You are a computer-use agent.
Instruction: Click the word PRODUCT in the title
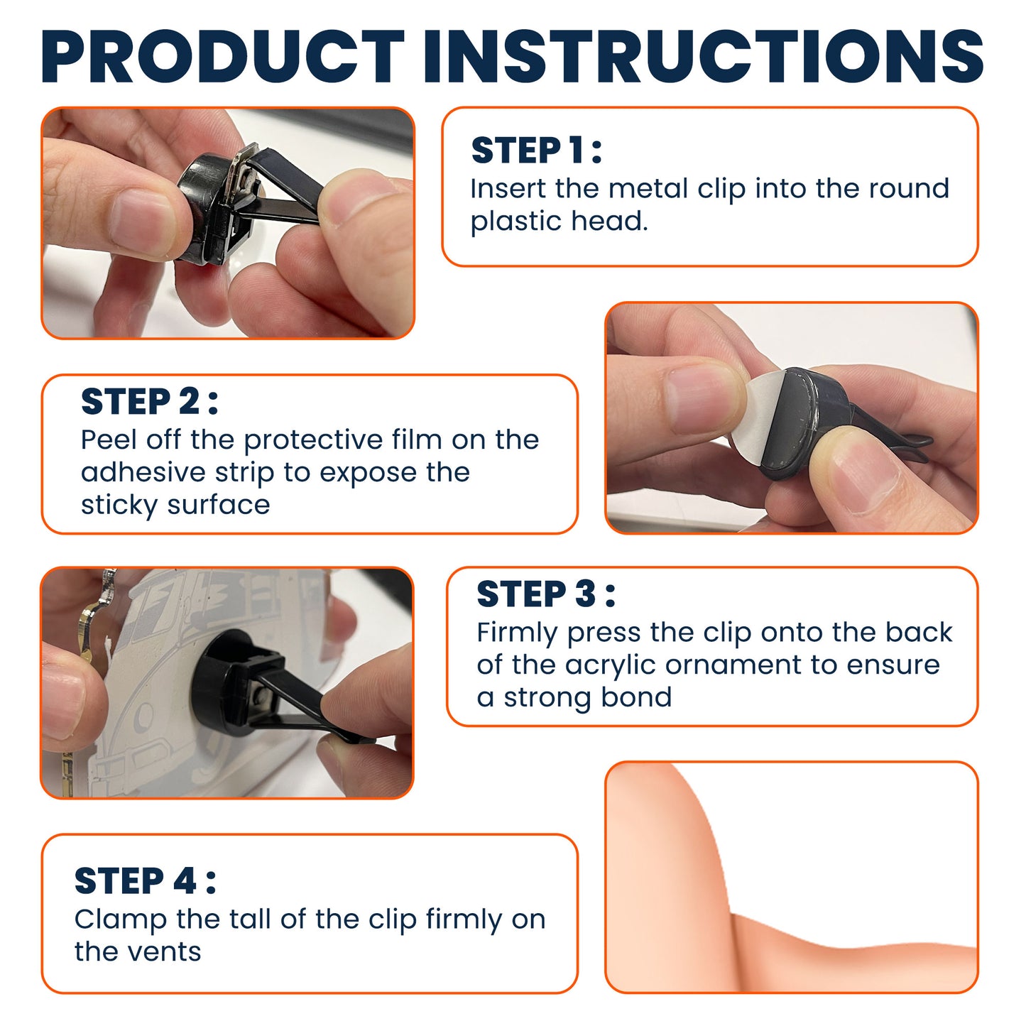click(x=223, y=56)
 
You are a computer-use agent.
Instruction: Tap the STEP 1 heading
click(x=536, y=151)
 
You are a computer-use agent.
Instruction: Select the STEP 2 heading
click(x=149, y=401)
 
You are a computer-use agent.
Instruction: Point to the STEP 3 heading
click(x=546, y=594)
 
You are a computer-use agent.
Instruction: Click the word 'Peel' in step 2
click(x=108, y=440)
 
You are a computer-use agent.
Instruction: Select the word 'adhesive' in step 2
click(x=143, y=472)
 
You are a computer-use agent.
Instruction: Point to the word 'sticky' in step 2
click(x=119, y=505)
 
